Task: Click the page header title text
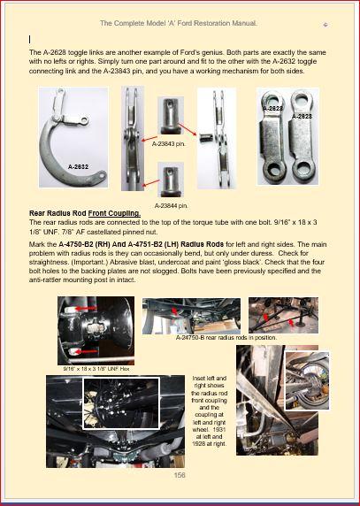tap(179, 23)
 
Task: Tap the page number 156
tap(180, 475)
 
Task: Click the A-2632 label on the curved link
tap(78, 167)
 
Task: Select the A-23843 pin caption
tap(169, 144)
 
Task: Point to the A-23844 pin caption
tap(171, 205)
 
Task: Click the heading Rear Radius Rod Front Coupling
tap(85, 213)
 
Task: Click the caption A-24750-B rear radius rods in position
tap(226, 338)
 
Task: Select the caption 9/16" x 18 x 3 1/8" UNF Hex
tap(96, 369)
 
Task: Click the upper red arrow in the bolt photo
tap(86, 309)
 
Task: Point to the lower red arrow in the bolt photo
tap(86, 351)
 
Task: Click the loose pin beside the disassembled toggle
tap(205, 138)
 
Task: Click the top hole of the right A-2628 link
tap(302, 98)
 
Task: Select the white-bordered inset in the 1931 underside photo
tap(121, 403)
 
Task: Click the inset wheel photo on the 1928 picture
tap(307, 380)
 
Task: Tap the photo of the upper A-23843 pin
tap(171, 116)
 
